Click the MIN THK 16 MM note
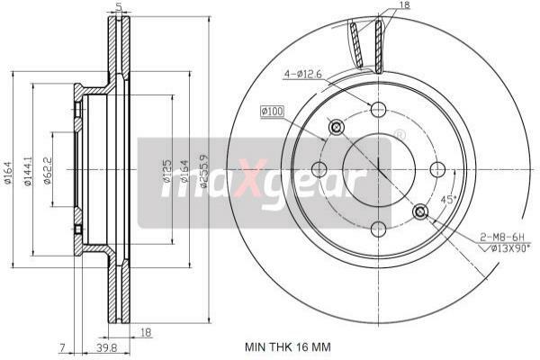288,346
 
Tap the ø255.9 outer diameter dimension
204,170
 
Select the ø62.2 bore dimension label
49,170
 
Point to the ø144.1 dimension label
28,170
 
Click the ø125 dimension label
166,170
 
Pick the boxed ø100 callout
272,112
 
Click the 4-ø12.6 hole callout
302,74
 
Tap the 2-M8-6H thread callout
502,237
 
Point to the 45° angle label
448,200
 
